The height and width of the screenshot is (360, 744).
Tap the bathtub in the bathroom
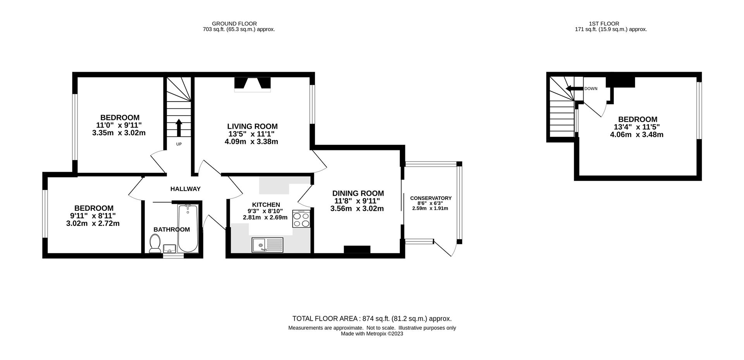tap(188, 229)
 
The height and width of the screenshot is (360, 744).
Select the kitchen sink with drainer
tap(267, 245)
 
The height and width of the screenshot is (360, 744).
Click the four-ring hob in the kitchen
tap(301, 219)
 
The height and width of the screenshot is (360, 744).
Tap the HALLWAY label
tap(185, 189)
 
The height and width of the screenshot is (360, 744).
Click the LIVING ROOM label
tap(252, 126)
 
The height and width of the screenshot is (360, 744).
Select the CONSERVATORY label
tap(431, 198)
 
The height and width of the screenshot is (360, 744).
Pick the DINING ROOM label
tap(358, 193)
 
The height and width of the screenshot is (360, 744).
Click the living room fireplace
tap(252, 84)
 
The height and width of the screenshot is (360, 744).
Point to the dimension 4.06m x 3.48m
tap(637, 135)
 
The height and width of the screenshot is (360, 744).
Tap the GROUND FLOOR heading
tap(234, 24)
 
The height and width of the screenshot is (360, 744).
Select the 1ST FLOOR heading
tap(609, 24)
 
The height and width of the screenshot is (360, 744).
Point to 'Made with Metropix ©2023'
tap(372, 334)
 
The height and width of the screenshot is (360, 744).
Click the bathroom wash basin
tap(170, 248)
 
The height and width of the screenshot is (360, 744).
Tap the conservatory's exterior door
tap(443, 248)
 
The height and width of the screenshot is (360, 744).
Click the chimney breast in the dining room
tap(357, 249)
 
